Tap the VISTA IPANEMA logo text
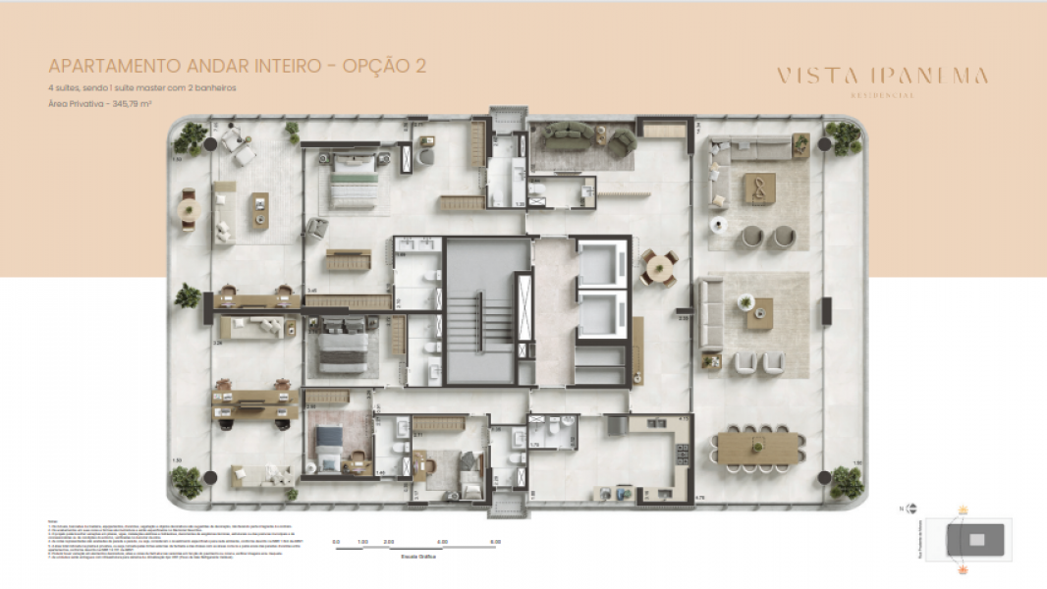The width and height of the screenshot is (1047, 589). point(881,76)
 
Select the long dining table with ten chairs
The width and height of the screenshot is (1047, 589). point(757,448)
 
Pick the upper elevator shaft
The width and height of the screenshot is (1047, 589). point(600,266)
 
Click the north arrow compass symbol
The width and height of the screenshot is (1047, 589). point(912,509)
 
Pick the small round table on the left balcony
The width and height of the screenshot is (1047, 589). point(189,209)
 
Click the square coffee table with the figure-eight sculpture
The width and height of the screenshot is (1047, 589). point(758,187)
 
